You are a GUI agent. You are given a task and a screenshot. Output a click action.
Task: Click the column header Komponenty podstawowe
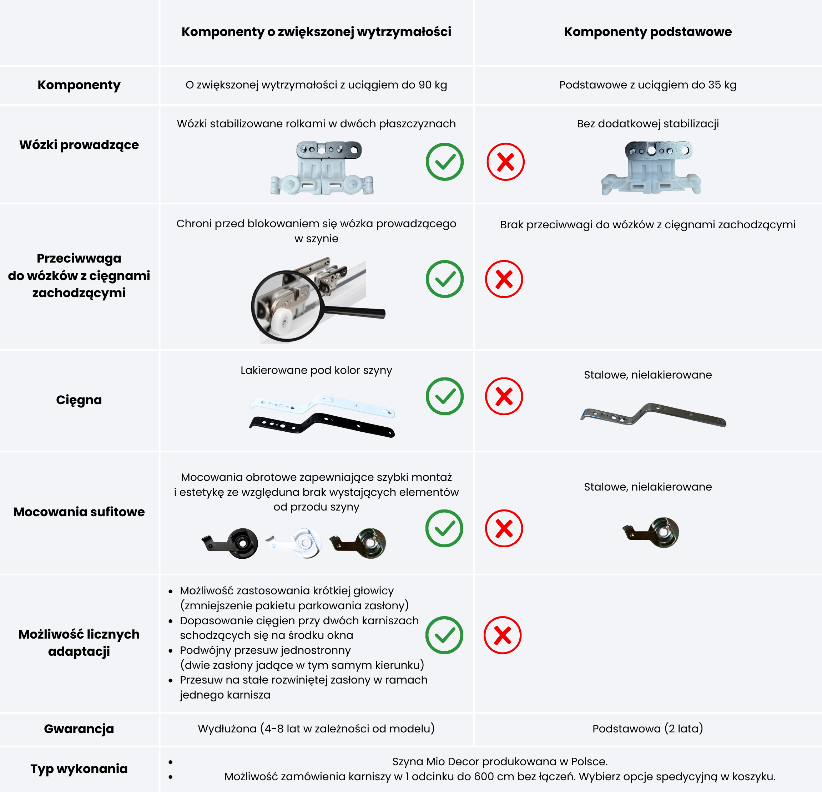point(647,32)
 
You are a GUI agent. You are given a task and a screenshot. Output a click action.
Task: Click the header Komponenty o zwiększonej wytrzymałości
point(316,32)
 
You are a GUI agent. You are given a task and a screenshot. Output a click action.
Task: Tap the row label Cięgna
point(79,400)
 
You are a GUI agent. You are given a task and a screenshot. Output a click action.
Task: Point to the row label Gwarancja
point(79,729)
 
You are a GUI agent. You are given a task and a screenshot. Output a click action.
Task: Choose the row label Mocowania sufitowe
point(79,512)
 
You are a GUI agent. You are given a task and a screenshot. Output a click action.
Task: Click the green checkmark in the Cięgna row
point(445,396)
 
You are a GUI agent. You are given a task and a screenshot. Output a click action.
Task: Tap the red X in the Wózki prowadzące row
point(505,162)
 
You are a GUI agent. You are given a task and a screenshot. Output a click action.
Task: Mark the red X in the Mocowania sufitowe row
point(504,528)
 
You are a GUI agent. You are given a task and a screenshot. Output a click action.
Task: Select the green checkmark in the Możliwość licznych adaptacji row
point(444,635)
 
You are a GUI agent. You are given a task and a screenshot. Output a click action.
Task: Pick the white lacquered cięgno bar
point(322,405)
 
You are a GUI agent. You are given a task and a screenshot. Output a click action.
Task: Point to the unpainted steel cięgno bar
point(653,415)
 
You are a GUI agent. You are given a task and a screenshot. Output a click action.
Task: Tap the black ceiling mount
point(230,543)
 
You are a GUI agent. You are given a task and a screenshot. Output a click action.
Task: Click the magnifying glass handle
point(354,311)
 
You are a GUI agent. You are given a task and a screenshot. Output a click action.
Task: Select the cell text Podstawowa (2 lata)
point(647,729)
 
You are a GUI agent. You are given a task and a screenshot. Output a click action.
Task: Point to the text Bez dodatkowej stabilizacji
point(647,124)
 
